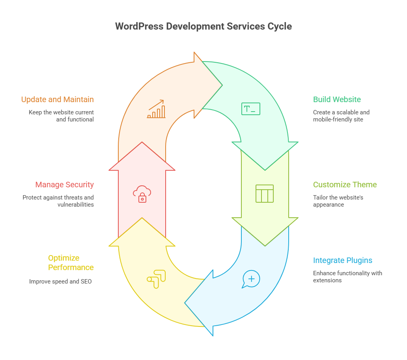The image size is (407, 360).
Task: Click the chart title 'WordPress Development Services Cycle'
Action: point(203,26)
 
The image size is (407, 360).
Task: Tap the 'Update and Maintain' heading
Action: point(58,99)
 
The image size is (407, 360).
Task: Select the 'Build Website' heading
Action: point(337,99)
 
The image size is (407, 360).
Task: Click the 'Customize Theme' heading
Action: point(345,185)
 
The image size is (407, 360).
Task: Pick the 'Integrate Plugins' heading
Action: point(342,260)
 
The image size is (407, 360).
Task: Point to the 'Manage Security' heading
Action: point(65,185)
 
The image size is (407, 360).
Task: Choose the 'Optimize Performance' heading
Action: point(71,263)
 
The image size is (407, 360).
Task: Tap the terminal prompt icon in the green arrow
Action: point(250,109)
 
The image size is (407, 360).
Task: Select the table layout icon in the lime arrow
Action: point(264,194)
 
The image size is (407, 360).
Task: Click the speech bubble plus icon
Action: point(251,279)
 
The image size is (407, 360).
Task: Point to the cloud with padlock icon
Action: point(142,194)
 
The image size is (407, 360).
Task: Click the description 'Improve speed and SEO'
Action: point(60,282)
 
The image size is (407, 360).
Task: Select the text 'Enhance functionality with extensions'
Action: point(347,277)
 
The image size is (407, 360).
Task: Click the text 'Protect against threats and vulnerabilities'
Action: point(58,201)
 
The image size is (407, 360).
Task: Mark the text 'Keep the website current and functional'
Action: point(62,116)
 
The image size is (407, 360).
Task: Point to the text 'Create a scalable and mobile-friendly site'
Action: point(341,116)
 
